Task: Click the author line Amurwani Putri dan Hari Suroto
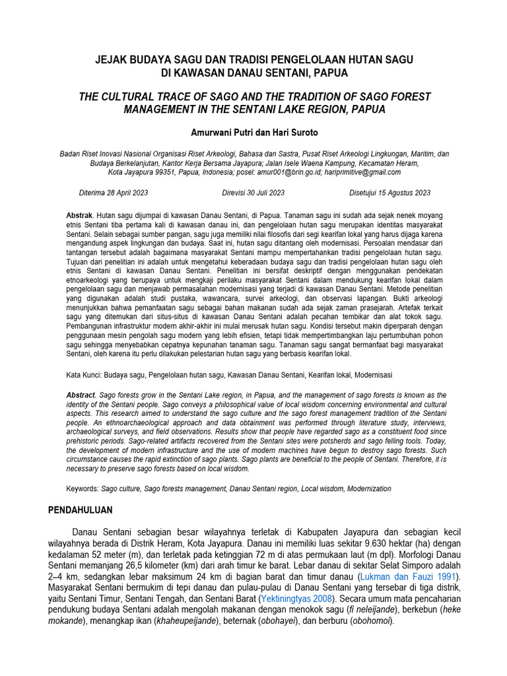(253, 132)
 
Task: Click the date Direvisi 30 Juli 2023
(253, 193)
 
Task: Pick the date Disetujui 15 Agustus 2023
(389, 193)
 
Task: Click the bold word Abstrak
(80, 216)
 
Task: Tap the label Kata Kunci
(83, 375)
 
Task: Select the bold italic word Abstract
(81, 394)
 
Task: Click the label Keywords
(82, 489)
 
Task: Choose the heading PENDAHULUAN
(81, 510)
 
